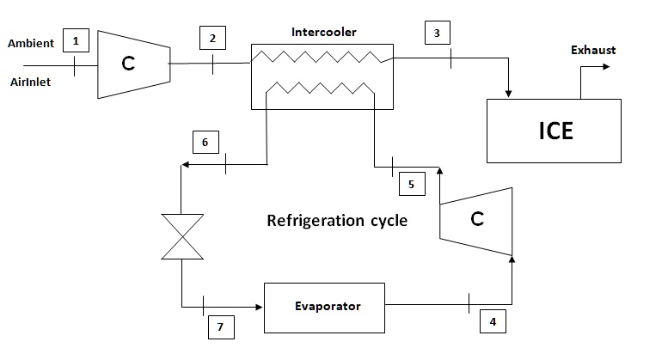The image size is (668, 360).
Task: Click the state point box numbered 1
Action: [77, 40]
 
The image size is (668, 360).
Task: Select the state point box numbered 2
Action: [212, 38]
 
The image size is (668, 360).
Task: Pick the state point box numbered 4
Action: [492, 322]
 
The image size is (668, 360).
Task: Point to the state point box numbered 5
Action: [411, 184]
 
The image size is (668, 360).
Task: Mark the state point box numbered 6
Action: [205, 140]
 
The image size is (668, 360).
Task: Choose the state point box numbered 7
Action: [220, 327]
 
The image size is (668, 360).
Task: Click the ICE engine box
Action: [555, 131]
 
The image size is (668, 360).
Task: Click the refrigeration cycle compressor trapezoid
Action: [476, 220]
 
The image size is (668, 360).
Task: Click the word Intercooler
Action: [323, 33]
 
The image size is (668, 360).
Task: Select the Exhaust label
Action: [593, 50]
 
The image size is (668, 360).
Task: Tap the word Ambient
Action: [31, 43]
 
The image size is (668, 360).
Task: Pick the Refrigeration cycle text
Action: [337, 220]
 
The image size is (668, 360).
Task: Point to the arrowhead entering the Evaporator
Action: [258, 306]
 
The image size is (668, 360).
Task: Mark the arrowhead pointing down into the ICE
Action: [511, 94]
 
